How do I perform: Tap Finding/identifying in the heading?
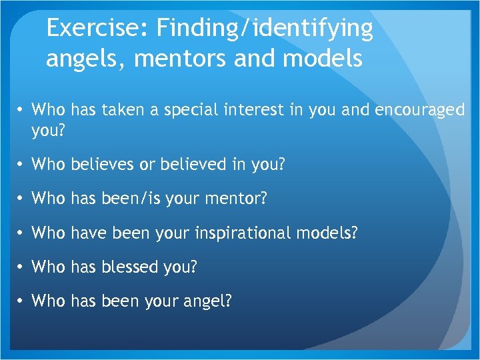[264, 28]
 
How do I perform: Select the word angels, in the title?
[86, 59]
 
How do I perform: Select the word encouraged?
[420, 110]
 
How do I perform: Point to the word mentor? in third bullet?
[235, 199]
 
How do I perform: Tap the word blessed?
[131, 267]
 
